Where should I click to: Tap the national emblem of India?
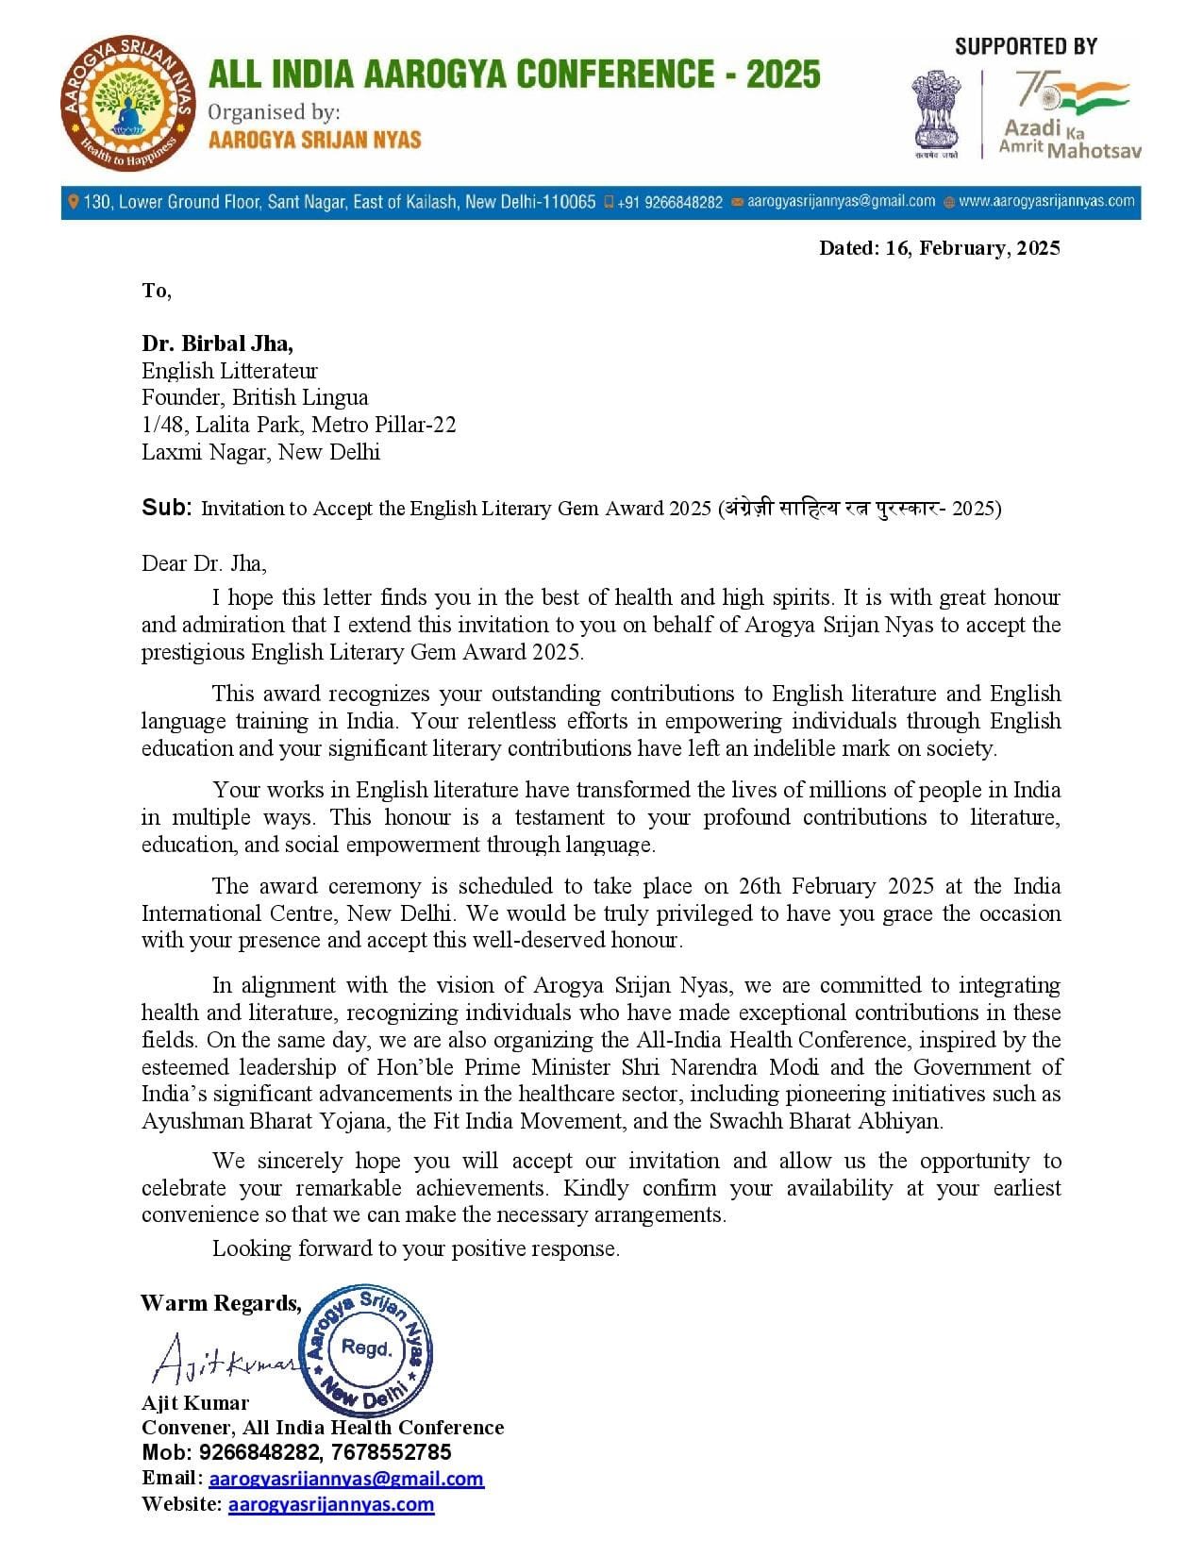click(935, 112)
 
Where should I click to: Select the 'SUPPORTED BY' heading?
click(1026, 45)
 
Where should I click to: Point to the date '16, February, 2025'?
click(973, 248)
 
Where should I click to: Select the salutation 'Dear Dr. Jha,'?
click(204, 563)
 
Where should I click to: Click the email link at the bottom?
click(345, 1479)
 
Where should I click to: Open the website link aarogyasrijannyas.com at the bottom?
click(331, 1504)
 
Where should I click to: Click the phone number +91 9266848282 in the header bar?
click(670, 202)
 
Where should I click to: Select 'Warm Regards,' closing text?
click(221, 1303)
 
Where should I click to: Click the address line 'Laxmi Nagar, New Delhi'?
click(260, 452)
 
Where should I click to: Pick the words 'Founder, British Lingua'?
click(255, 397)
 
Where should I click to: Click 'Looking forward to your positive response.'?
click(416, 1248)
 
